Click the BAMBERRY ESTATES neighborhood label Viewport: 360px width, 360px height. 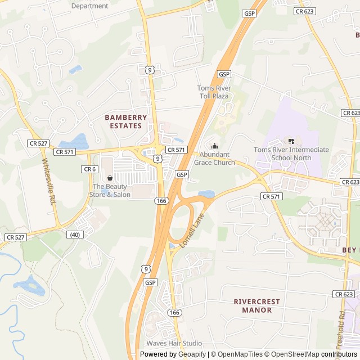pyautogui.click(x=126, y=121)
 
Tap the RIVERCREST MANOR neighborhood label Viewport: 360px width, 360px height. pyautogui.click(x=257, y=305)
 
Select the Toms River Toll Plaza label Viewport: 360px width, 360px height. pyautogui.click(x=214, y=92)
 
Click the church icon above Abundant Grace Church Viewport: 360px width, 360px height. pyautogui.click(x=214, y=146)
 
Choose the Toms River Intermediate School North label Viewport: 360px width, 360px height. pyautogui.click(x=291, y=154)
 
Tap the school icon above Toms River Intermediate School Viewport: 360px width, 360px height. pyautogui.click(x=291, y=141)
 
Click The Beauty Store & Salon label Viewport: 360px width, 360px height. pyautogui.click(x=111, y=191)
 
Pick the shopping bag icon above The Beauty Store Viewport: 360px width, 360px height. pyautogui.click(x=110, y=178)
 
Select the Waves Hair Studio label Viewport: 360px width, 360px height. pyautogui.click(x=174, y=343)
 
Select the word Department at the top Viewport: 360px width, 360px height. pyautogui.click(x=90, y=6)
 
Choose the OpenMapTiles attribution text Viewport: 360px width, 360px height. pyautogui.click(x=236, y=354)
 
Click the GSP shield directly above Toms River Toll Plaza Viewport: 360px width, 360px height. pyautogui.click(x=224, y=74)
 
